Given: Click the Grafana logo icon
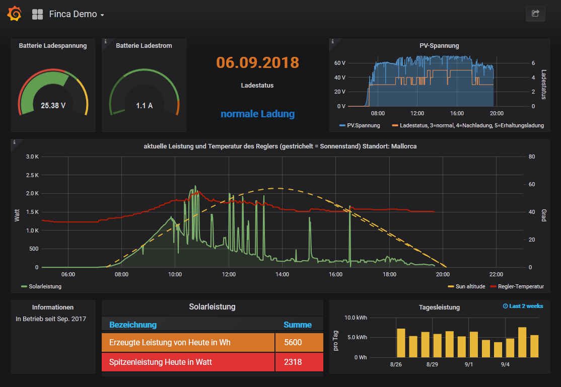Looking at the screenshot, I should coord(14,14).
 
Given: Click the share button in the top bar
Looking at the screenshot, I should coord(535,14).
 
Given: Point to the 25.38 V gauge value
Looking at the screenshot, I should coord(53,106).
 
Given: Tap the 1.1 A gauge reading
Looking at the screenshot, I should coord(144,106).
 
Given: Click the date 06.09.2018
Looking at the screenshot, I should coord(257,62).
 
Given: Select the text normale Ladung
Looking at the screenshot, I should coord(257,114).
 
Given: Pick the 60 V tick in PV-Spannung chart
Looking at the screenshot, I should coord(340,63).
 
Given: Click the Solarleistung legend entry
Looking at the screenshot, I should coord(45,286).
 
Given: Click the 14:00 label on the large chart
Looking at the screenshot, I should coord(282,274).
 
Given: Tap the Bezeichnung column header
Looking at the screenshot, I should coord(133,325).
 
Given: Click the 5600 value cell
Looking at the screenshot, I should coord(293,343).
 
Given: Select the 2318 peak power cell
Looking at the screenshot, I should coord(293,362).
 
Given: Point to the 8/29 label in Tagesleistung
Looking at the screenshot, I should coord(433,364).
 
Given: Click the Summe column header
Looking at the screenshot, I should coord(298,325).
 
